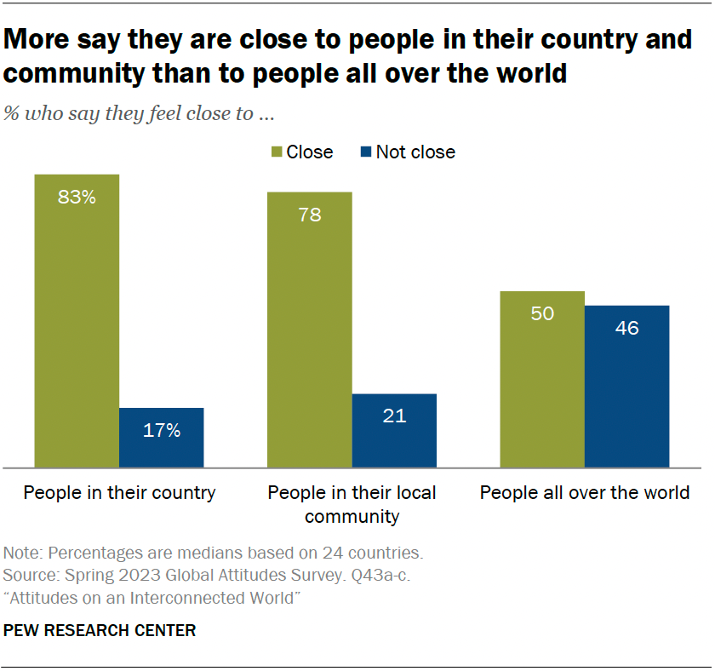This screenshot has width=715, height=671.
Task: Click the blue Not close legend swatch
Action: [365, 152]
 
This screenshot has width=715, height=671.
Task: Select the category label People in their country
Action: [119, 493]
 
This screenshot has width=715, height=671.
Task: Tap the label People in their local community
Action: [352, 504]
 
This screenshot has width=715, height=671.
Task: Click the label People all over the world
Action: [585, 493]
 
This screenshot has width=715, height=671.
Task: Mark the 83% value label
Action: [77, 198]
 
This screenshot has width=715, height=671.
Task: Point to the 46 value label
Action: [626, 328]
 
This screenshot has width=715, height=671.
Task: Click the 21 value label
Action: [394, 416]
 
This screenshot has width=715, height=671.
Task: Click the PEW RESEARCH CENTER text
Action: [100, 631]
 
